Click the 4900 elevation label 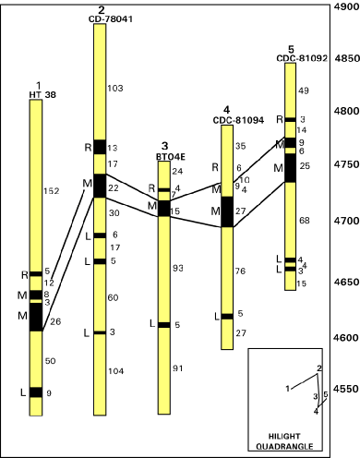click(x=346, y=6)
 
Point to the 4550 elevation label click(x=346, y=389)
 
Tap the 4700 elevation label click(x=346, y=221)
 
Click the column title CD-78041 click(x=111, y=19)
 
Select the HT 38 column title click(x=42, y=94)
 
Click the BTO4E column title click(x=171, y=157)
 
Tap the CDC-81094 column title click(x=238, y=120)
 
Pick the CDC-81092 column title click(x=302, y=58)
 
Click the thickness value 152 click(x=52, y=191)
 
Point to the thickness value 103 click(x=115, y=89)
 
